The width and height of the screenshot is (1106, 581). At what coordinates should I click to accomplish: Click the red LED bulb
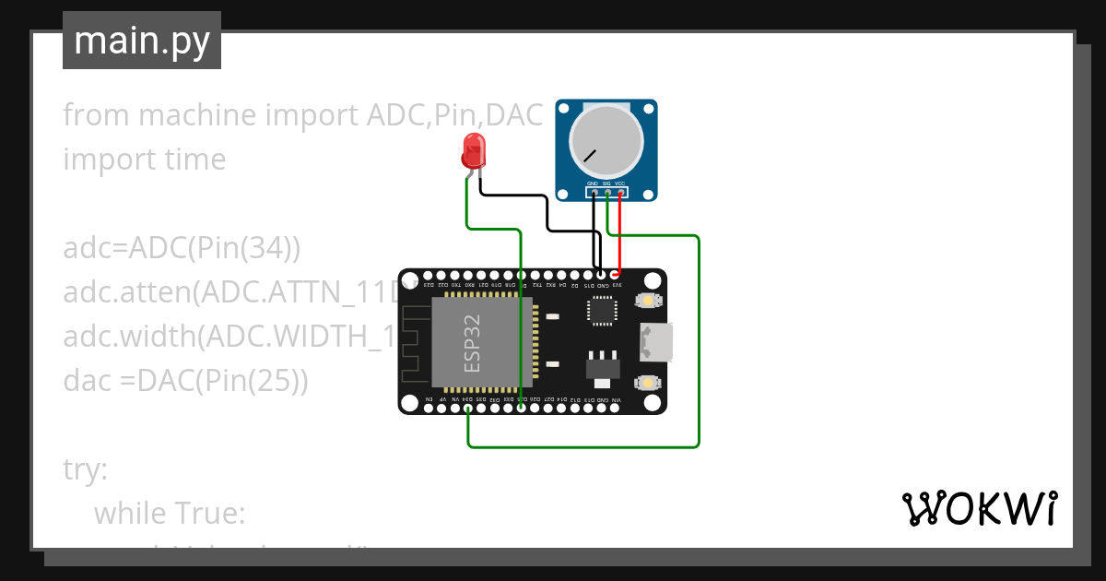click(x=474, y=150)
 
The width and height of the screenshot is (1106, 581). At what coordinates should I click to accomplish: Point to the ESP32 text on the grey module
click(x=472, y=343)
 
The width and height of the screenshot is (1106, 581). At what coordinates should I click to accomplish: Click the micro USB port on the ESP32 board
click(x=661, y=342)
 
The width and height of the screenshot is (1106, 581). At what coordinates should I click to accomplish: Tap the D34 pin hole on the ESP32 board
click(x=468, y=409)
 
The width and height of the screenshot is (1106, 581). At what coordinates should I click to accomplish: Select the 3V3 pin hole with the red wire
click(x=616, y=274)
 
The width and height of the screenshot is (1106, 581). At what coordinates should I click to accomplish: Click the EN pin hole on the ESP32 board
click(x=429, y=409)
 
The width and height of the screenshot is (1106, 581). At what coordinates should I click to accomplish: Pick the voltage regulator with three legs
click(x=602, y=368)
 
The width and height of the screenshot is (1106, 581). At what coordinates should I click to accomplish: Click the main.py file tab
click(x=142, y=41)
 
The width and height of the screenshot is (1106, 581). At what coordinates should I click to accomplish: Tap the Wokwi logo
click(x=979, y=508)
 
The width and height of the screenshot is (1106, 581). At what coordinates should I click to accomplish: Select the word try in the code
click(x=86, y=469)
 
